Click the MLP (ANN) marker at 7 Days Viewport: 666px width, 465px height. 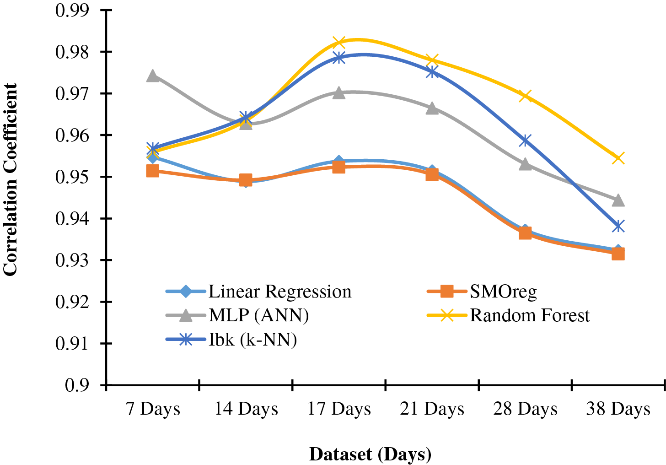click(x=153, y=76)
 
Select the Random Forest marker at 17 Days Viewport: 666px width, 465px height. click(x=338, y=43)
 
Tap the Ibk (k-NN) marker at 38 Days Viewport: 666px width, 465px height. click(x=618, y=226)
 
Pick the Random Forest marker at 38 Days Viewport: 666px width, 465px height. click(x=618, y=158)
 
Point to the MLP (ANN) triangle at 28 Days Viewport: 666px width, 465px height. click(x=525, y=164)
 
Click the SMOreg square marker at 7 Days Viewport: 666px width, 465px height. click(x=153, y=171)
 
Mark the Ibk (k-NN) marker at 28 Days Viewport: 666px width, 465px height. click(x=525, y=141)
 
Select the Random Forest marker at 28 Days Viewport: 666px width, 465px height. click(x=525, y=96)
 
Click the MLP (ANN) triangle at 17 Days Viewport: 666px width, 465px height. click(x=338, y=93)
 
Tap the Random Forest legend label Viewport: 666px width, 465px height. click(x=530, y=315)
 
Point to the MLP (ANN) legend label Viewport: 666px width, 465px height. click(x=258, y=315)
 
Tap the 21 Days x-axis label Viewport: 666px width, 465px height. click(x=432, y=409)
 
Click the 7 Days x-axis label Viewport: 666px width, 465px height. click(x=153, y=409)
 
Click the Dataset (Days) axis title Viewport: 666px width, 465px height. click(x=370, y=454)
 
